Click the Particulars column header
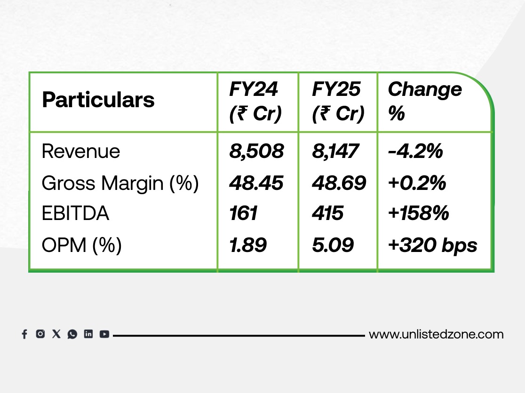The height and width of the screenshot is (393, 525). [x=98, y=100]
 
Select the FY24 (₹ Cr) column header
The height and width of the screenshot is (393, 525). [x=255, y=102]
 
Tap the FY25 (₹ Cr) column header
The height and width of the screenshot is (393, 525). [x=338, y=102]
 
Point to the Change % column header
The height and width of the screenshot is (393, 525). [x=425, y=101]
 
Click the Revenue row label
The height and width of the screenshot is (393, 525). [x=80, y=151]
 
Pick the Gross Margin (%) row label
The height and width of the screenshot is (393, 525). [x=120, y=183]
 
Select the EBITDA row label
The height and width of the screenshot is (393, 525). [x=75, y=214]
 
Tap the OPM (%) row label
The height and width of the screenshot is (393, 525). [x=81, y=245]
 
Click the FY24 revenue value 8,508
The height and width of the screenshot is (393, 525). [x=256, y=151]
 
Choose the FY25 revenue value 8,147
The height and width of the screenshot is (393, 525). [x=335, y=151]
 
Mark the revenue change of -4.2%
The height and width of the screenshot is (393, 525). [x=415, y=151]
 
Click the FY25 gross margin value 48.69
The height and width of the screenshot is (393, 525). [x=339, y=183]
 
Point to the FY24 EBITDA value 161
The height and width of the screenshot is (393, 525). [x=243, y=214]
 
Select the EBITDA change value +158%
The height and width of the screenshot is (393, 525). [x=418, y=214]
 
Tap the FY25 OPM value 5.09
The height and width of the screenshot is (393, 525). [x=333, y=245]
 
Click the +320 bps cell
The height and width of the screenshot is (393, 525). [x=433, y=245]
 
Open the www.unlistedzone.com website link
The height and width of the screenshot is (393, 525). [x=436, y=334]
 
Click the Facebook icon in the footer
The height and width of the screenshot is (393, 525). [x=24, y=334]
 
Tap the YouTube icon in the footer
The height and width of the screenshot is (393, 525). [x=104, y=334]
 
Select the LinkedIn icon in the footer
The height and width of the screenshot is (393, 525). [x=88, y=334]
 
